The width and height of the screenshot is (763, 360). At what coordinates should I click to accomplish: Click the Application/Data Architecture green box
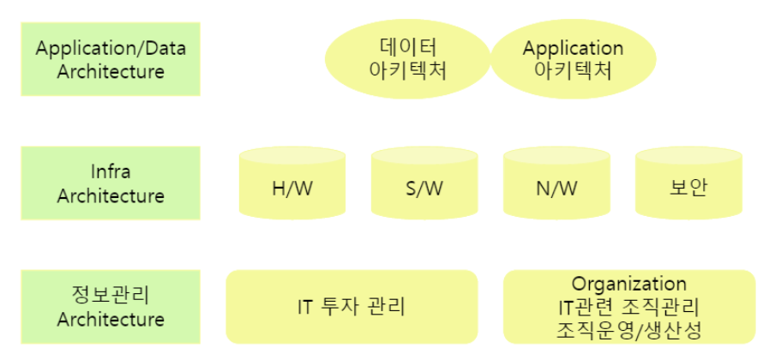tap(111, 59)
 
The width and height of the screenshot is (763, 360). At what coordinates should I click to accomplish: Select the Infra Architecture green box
tap(111, 183)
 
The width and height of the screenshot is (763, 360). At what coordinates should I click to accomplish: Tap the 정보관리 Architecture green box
tap(111, 307)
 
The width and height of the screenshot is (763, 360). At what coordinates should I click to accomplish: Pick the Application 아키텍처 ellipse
tap(573, 59)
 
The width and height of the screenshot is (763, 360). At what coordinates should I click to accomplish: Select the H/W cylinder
tap(292, 183)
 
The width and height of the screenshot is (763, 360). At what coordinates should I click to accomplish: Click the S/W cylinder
tap(424, 183)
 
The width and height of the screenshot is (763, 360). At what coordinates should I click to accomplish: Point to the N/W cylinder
tap(556, 183)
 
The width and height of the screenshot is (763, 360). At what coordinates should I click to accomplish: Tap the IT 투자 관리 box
tap(351, 307)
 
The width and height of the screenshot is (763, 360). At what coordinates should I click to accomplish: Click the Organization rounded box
tap(628, 307)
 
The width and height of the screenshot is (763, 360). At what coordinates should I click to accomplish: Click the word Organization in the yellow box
tap(628, 284)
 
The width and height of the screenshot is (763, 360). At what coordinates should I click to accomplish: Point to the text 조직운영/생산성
tap(628, 329)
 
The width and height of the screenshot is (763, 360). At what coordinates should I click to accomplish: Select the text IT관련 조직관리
tap(628, 306)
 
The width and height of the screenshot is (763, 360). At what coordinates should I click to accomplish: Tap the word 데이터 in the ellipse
tap(406, 47)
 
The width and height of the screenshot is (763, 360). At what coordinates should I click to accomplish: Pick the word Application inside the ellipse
tap(573, 47)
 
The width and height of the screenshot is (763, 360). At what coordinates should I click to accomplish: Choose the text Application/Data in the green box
tap(111, 47)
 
